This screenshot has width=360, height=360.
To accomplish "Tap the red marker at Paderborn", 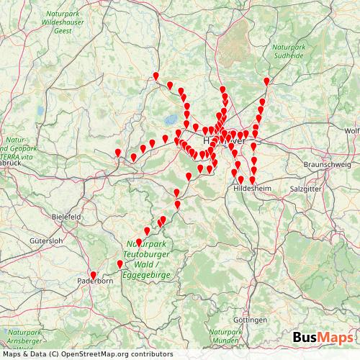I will [x=93, y=275].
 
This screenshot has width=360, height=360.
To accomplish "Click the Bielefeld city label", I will [x=68, y=216].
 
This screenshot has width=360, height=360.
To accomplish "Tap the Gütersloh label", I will [x=47, y=240].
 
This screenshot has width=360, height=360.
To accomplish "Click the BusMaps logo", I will [x=323, y=338].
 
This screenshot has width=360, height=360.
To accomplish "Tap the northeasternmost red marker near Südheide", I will [x=267, y=81].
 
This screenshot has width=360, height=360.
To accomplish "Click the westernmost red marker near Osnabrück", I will [x=118, y=152].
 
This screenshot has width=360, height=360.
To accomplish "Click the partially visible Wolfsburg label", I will [x=352, y=130].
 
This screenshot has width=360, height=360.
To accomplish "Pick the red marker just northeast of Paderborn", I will [x=120, y=264].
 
